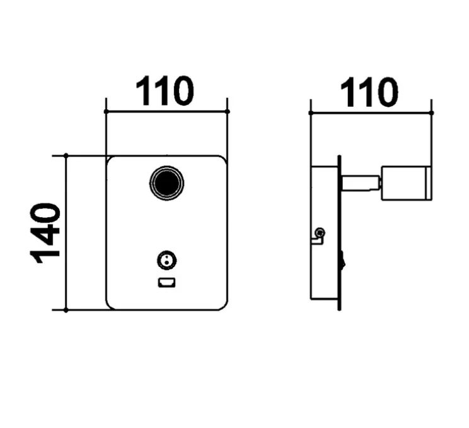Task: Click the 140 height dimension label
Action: (45, 233)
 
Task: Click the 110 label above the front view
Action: (165, 91)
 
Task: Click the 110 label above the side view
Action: (369, 92)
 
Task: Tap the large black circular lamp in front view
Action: (166, 183)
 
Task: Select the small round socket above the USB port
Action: (166, 260)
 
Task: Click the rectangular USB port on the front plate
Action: (166, 282)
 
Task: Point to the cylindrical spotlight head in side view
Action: (406, 183)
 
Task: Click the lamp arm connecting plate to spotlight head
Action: (361, 183)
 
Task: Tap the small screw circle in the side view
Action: (320, 232)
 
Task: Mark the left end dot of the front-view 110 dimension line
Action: (105, 111)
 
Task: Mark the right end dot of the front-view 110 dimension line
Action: (228, 111)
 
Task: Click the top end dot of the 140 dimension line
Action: (66, 155)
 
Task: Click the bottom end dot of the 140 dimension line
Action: (66, 311)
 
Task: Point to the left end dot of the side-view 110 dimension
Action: (311, 113)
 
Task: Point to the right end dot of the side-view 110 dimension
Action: (431, 113)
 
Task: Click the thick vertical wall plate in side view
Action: (339, 233)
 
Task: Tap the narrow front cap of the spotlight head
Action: (429, 183)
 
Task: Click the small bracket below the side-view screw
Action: (316, 240)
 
